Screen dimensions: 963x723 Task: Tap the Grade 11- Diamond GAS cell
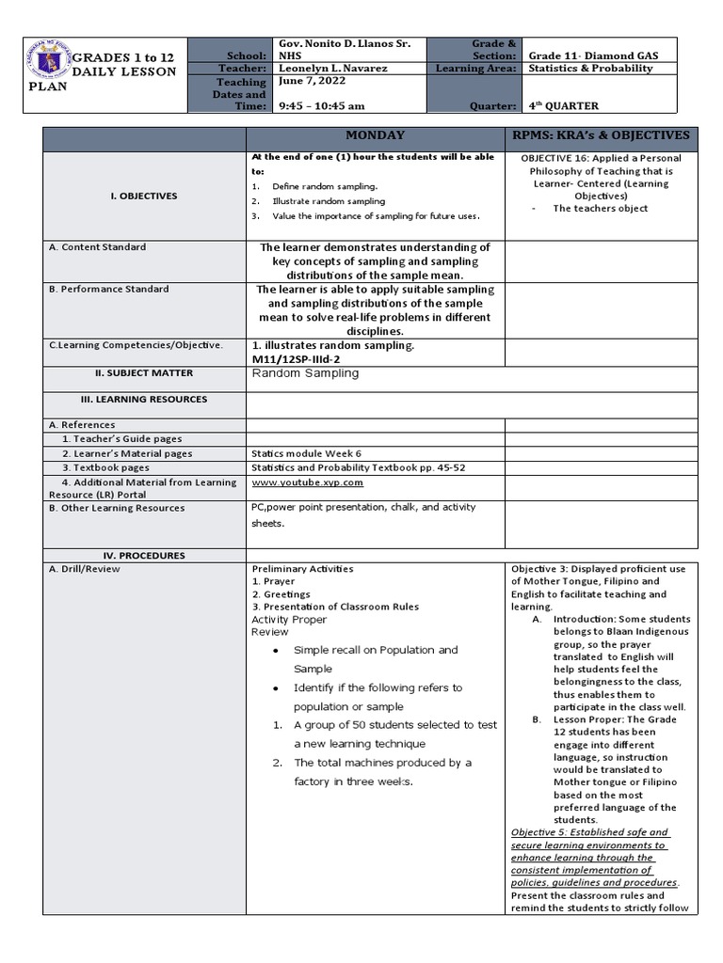tap(592, 55)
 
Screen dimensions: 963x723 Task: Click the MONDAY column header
tap(375, 135)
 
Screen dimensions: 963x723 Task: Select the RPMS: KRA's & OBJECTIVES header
tap(602, 135)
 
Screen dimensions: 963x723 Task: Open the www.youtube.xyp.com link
tap(307, 482)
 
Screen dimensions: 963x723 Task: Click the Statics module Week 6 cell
tap(306, 453)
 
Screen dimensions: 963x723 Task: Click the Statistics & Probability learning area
tap(590, 69)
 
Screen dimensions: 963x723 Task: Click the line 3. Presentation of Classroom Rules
tap(334, 608)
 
